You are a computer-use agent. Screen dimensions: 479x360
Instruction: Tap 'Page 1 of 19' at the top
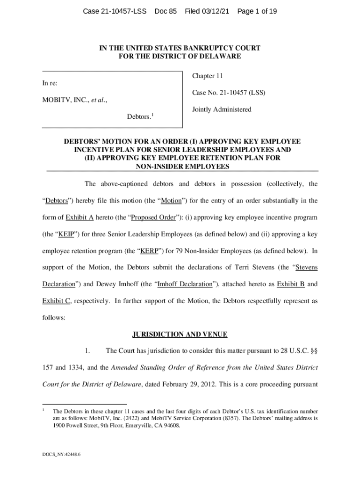point(257,11)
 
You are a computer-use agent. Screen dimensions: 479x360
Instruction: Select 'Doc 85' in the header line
point(166,11)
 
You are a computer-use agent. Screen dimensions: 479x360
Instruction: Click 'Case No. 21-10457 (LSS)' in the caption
point(229,93)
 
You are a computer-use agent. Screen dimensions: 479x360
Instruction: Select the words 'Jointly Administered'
point(222,109)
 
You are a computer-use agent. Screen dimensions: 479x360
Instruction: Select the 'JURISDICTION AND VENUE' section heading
point(180,334)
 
